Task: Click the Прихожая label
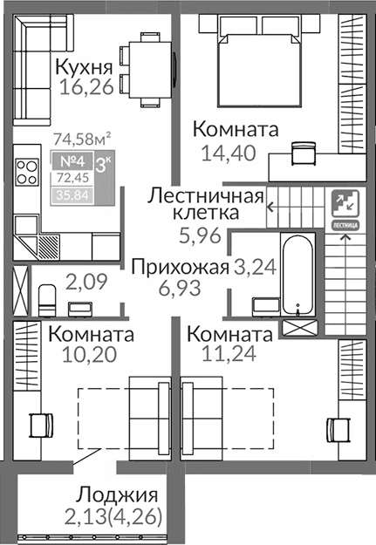[x=180, y=267]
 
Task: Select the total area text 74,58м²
[x=82, y=138]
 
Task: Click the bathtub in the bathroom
[x=298, y=270]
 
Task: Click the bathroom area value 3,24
[x=255, y=267]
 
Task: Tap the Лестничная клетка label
[x=205, y=203]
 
